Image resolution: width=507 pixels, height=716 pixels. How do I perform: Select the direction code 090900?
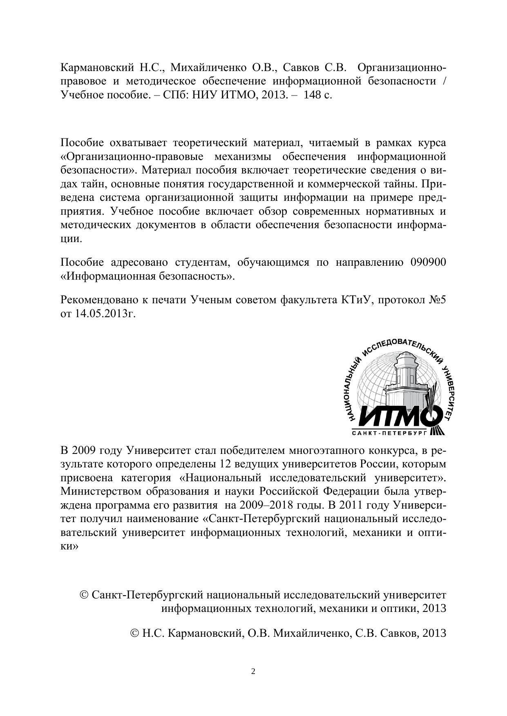coord(428,262)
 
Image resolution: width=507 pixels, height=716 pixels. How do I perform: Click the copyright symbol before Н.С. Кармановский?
coord(135,633)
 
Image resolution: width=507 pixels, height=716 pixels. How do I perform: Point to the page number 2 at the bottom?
coord(253,672)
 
